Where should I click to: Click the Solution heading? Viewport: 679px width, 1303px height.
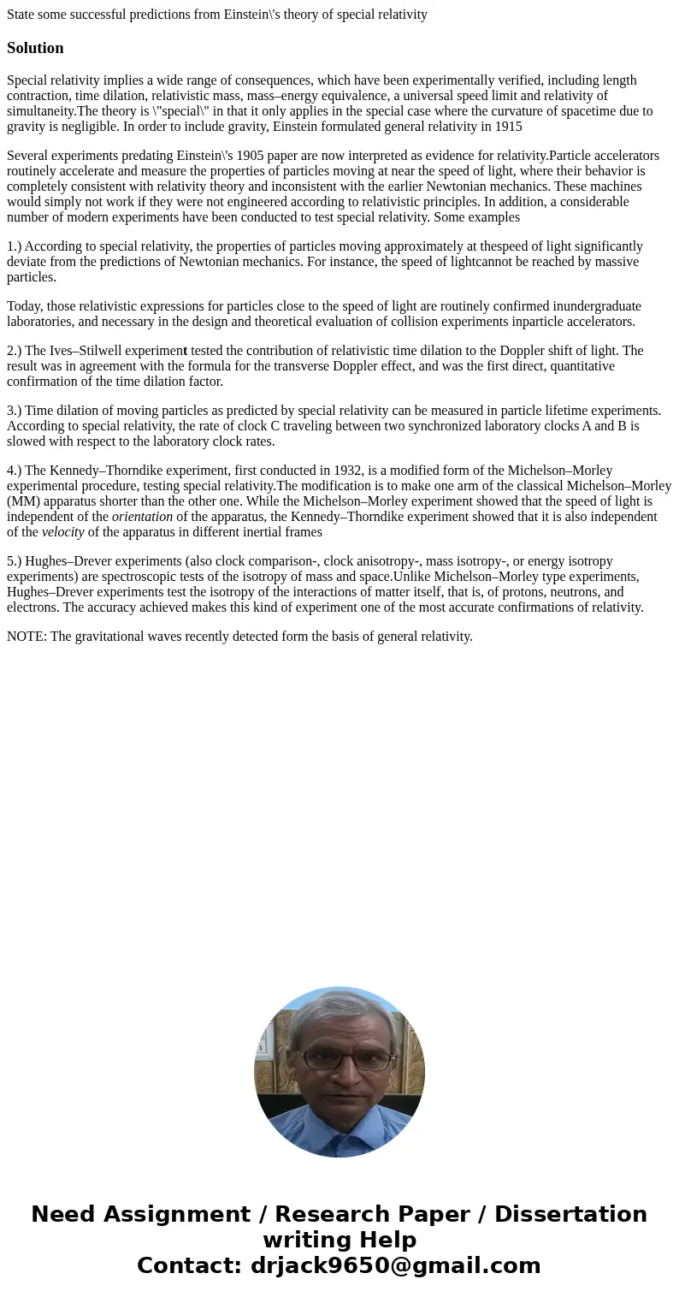pyautogui.click(x=35, y=48)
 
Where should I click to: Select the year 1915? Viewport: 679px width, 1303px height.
pyautogui.click(x=508, y=127)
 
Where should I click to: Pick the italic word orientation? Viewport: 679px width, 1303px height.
pyautogui.click(x=142, y=517)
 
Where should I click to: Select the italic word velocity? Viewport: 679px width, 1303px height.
pyautogui.click(x=63, y=532)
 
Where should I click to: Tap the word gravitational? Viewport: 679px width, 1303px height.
pyautogui.click(x=113, y=637)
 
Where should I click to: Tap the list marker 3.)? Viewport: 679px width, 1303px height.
pyautogui.click(x=14, y=411)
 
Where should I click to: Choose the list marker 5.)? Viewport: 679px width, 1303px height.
pyautogui.click(x=14, y=561)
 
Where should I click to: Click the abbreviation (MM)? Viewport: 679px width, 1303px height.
pyautogui.click(x=22, y=501)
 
